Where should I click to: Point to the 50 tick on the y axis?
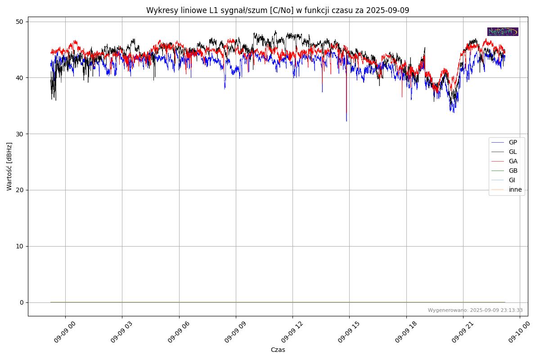(x=20, y=22)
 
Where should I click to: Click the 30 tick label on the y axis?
(x=20, y=134)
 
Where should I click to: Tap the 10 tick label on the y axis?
(x=20, y=246)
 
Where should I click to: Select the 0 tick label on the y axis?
(x=22, y=302)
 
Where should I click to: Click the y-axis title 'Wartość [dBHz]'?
(x=9, y=166)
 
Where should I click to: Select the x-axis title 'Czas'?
(x=278, y=350)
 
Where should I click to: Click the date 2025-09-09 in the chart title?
(x=387, y=10)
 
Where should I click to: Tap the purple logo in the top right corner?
(x=503, y=31)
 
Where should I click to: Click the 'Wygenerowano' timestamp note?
(x=475, y=310)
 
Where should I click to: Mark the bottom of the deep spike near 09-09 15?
(x=346, y=121)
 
